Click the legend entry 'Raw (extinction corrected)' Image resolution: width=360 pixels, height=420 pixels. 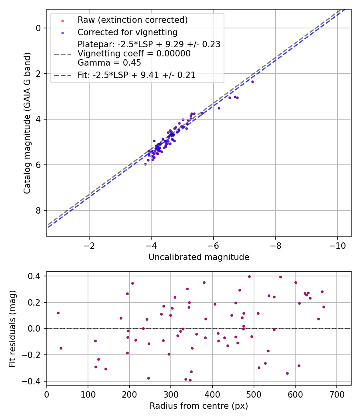132,20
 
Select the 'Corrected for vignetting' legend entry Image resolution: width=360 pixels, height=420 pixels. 127,32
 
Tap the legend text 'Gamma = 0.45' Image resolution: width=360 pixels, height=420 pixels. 109,63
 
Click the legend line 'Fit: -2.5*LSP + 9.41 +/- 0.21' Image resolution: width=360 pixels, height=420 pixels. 136,75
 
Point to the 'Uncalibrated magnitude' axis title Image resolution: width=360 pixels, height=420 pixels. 199,257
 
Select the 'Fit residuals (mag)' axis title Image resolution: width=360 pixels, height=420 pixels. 13,328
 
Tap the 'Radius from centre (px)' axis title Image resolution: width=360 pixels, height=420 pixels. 199,406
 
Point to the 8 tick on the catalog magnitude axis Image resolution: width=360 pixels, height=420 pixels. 38,211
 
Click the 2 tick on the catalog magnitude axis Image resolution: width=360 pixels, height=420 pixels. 38,74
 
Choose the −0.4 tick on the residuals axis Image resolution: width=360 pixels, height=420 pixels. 32,381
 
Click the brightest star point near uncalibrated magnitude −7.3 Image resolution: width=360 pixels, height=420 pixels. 252,82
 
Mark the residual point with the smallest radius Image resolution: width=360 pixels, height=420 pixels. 58,313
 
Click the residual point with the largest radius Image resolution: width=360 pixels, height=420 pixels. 324,307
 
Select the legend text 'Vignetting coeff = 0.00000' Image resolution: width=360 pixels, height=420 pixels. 134,54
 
